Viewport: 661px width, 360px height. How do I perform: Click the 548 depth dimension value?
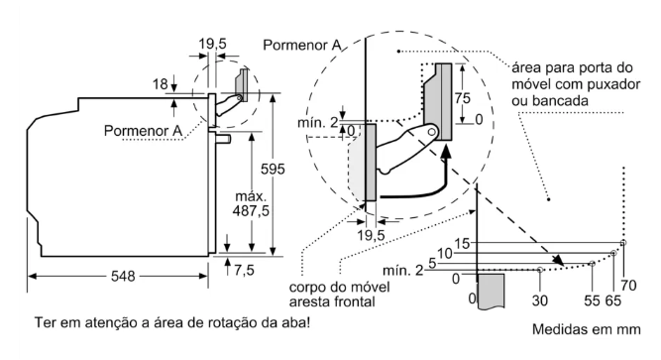(x=123, y=277)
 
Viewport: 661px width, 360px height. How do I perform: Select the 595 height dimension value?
(x=273, y=170)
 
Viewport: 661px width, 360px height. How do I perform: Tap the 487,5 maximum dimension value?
(x=251, y=210)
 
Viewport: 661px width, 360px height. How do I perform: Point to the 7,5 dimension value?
(x=244, y=270)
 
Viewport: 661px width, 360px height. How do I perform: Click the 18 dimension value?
(x=161, y=84)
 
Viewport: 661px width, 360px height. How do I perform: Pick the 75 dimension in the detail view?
(x=462, y=98)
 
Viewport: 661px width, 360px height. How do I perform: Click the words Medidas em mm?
(x=587, y=329)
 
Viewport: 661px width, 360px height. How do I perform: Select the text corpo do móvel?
(x=339, y=288)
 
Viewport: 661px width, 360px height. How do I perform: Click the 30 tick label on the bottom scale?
(x=539, y=300)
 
